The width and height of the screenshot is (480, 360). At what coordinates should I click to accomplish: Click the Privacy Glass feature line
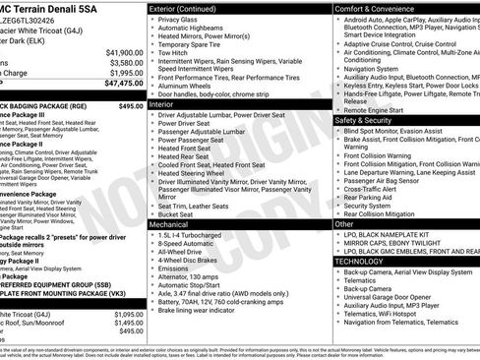point(183,19)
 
